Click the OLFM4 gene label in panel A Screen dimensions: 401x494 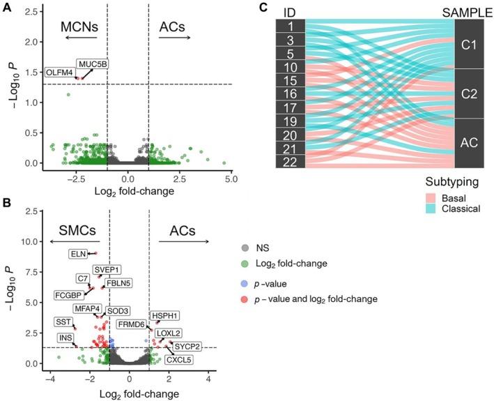(x=59, y=73)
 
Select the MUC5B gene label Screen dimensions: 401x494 (x=92, y=64)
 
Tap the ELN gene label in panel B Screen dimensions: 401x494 (x=77, y=254)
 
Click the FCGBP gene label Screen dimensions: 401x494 (x=69, y=295)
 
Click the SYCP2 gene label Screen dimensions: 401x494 (x=187, y=346)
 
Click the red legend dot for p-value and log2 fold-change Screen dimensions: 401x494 (x=244, y=298)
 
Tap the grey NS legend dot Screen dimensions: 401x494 (x=244, y=248)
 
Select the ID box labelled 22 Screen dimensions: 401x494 (x=290, y=162)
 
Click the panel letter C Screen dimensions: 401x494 (x=263, y=8)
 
